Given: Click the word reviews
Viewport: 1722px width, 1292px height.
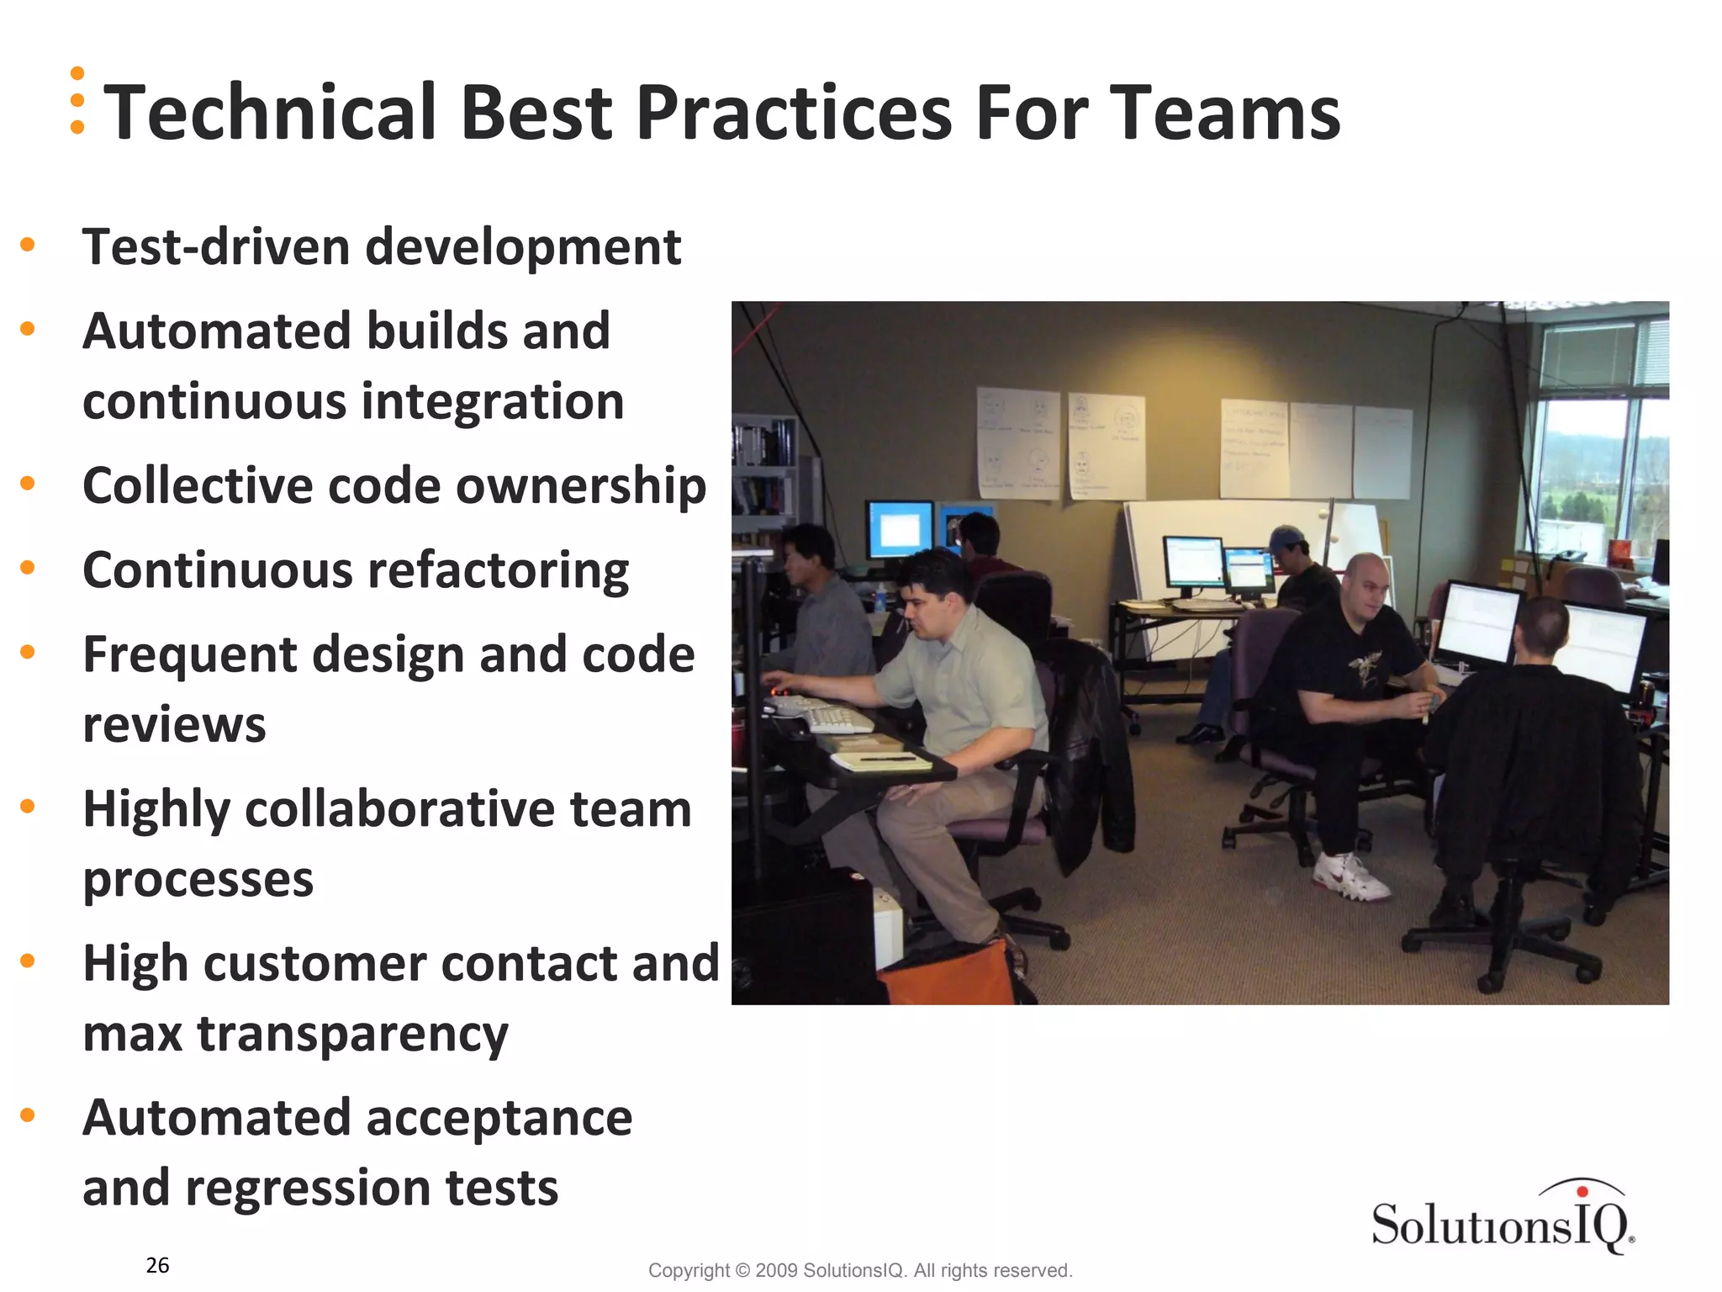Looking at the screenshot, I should (174, 725).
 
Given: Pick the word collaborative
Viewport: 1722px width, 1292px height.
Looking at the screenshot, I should (399, 809).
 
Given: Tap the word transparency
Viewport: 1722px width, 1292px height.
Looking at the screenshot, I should (352, 1035).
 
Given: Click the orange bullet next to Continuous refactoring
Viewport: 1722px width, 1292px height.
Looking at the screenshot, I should (28, 568).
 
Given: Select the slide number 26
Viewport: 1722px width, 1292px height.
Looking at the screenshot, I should (157, 1265).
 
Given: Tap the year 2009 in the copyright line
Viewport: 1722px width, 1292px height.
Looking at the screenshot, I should (776, 1270).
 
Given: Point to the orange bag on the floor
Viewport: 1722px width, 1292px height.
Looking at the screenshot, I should (946, 976).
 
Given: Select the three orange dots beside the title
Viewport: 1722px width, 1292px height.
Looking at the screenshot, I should (77, 100).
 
